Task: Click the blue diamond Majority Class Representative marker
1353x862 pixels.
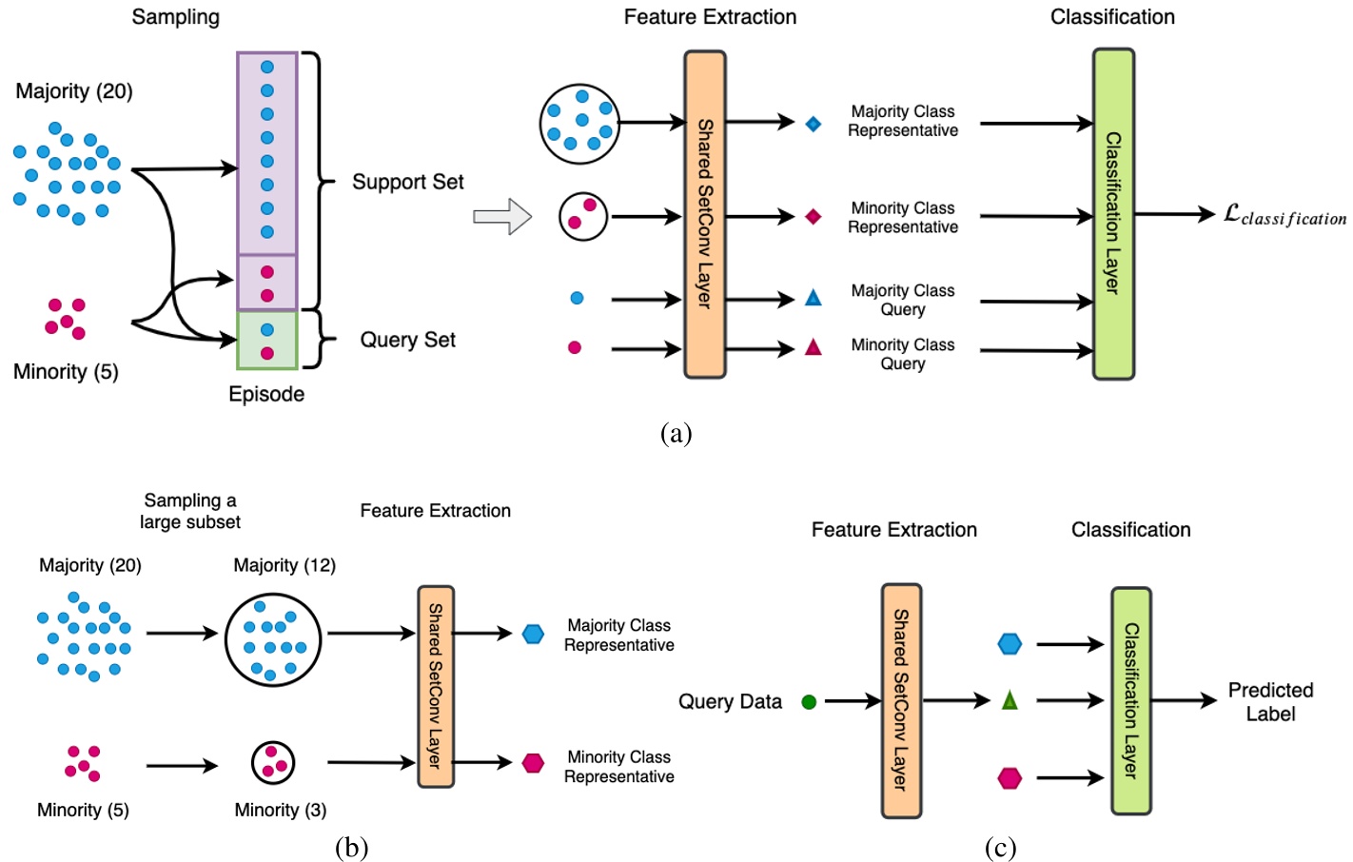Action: (813, 124)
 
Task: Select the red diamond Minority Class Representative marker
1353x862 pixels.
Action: (813, 217)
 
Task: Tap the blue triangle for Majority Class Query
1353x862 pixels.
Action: (813, 298)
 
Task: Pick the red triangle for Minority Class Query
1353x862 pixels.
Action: (813, 347)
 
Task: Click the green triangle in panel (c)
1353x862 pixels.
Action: (1010, 701)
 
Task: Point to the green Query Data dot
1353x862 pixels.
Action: (809, 702)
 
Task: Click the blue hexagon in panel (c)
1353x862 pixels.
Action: (1010, 644)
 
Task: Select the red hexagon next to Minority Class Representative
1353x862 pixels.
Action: (533, 763)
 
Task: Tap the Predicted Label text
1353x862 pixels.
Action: (1270, 702)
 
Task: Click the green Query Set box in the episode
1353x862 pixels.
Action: (267, 341)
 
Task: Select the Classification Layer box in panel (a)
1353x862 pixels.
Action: (1113, 214)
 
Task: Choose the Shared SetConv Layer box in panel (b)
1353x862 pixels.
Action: (436, 686)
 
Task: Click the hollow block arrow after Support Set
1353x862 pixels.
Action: (502, 216)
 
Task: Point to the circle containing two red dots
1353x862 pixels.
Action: (583, 215)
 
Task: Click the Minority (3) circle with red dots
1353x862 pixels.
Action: (273, 762)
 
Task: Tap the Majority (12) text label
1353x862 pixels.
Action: (284, 565)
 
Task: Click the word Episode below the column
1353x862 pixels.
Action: (266, 394)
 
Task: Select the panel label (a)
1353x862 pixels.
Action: (676, 434)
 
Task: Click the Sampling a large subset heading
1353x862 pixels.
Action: (190, 511)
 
